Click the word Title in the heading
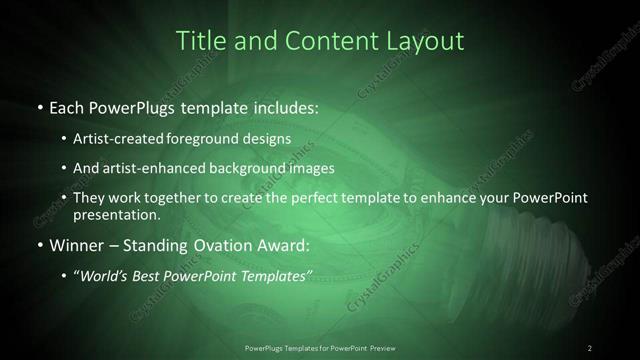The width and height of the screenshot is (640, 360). tap(199, 41)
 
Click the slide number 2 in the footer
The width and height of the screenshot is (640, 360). tap(590, 348)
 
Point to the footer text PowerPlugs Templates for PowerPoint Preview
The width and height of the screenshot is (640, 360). tap(320, 348)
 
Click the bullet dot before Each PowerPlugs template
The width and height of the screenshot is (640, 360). tap(38, 105)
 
